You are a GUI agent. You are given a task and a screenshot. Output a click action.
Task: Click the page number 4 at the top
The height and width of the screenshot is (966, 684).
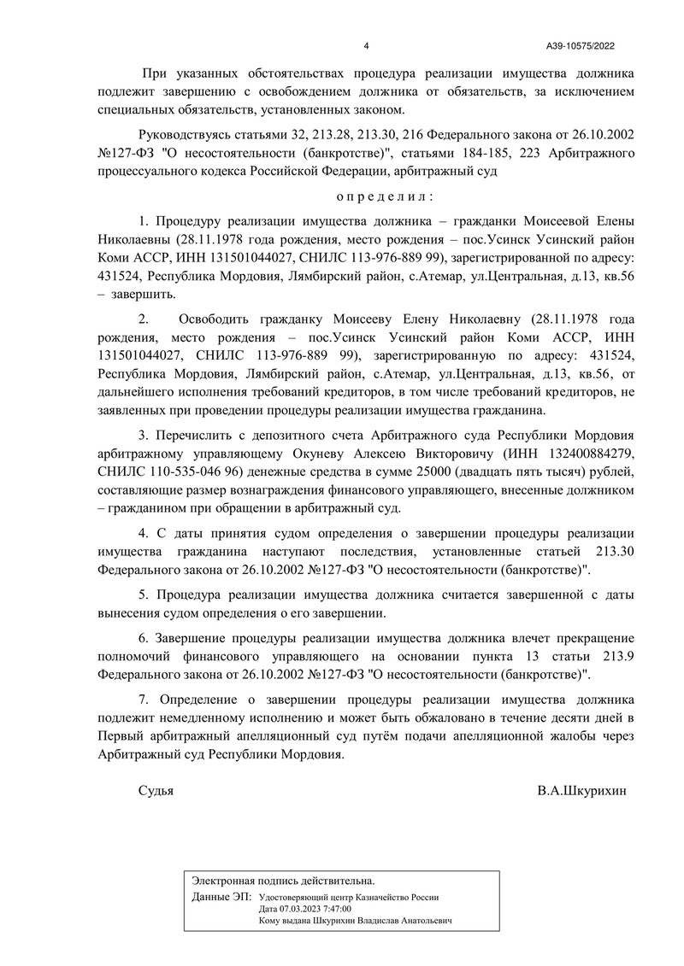(366, 47)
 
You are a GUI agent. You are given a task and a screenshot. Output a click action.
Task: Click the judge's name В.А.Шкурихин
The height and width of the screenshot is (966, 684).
(581, 791)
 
